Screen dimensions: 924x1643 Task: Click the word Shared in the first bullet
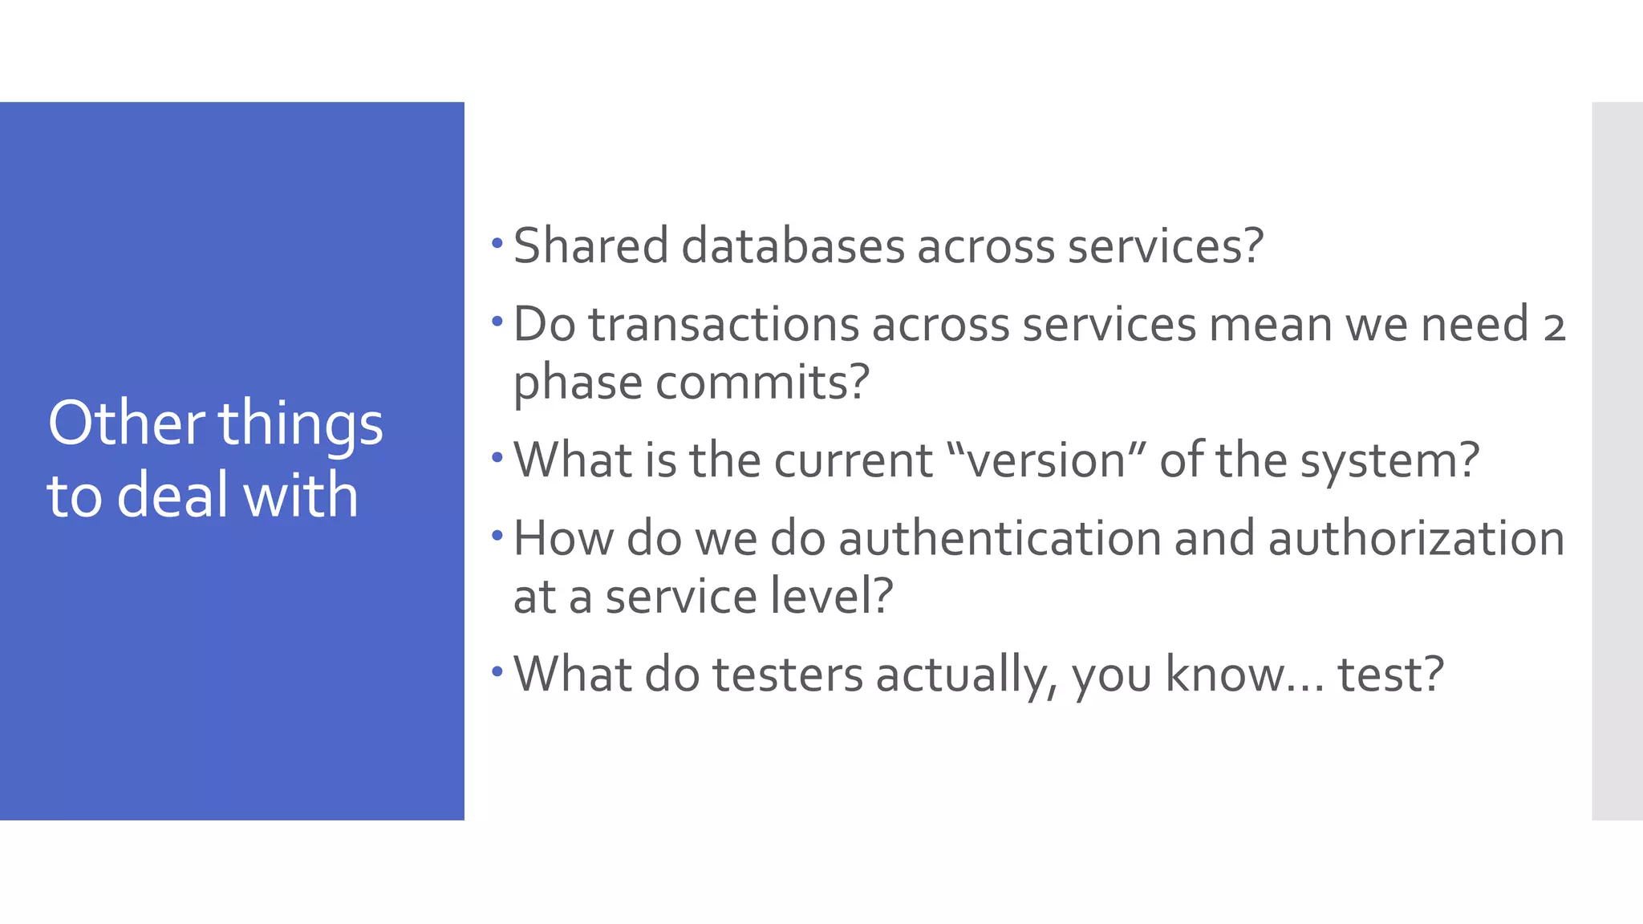coord(590,245)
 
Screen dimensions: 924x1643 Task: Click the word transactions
coord(724,325)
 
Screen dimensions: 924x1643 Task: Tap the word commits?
coord(762,382)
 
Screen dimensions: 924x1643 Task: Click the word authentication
coord(1000,538)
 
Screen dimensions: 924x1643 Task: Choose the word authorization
coord(1417,538)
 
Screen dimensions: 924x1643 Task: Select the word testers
coord(787,675)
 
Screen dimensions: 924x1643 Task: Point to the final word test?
coord(1390,675)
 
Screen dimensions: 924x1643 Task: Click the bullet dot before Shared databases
coord(497,241)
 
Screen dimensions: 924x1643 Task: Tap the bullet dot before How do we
coord(497,534)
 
